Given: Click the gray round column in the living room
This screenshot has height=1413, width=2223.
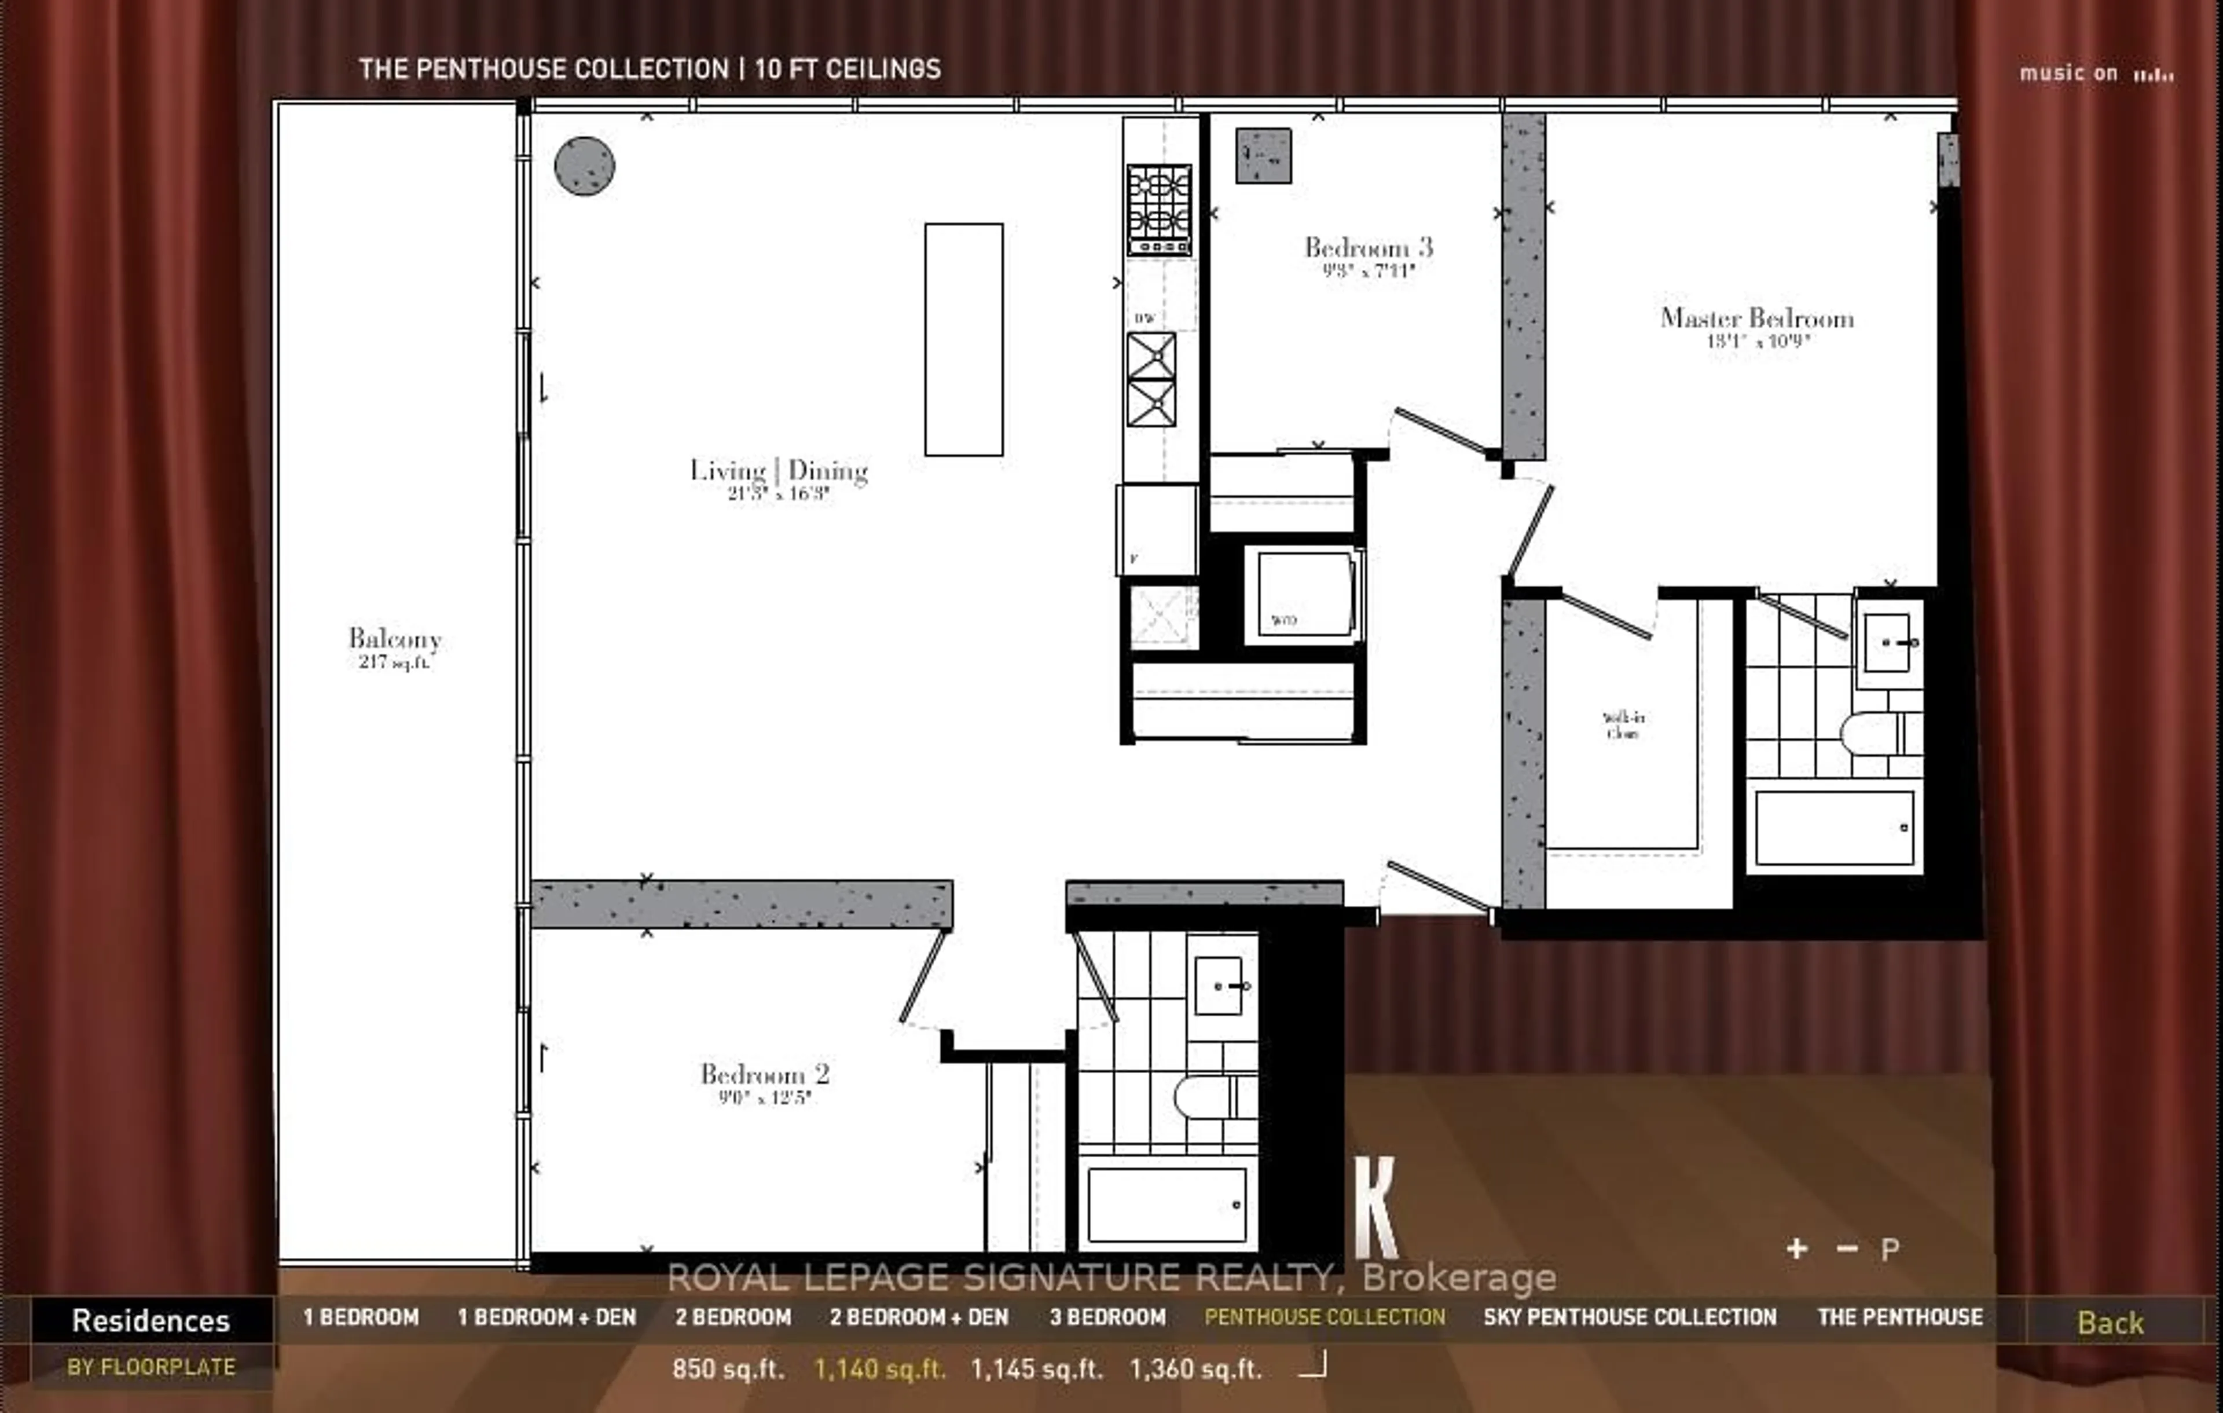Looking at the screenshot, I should point(584,166).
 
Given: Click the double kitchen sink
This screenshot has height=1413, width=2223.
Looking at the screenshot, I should point(1151,379).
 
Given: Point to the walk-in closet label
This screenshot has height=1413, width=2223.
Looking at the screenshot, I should point(1623,725).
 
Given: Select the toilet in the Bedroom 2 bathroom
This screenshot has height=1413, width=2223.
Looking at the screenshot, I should point(1209,1097).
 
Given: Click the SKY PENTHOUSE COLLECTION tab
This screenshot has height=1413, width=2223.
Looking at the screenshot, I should point(1630,1317).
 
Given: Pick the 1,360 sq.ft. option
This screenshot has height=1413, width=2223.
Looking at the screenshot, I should point(1195,1368).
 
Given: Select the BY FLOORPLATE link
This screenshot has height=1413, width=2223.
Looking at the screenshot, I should point(152,1367).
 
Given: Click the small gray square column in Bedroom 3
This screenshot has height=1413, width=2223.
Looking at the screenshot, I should point(1263,155).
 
